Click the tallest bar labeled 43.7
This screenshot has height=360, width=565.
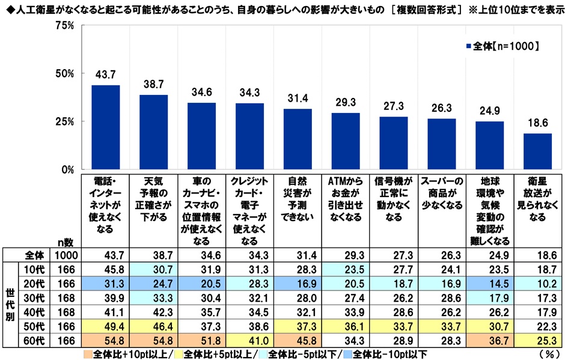tap(106, 127)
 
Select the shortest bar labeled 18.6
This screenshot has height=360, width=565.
tap(537, 151)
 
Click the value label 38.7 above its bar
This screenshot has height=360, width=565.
tap(153, 83)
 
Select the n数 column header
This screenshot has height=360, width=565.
tap(66, 242)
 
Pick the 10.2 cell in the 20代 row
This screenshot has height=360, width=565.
tap(537, 284)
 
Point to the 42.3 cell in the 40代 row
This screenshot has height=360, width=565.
tap(153, 313)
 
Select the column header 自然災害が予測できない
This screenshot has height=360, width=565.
tap(298, 200)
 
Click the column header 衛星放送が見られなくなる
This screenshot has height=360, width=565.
tap(537, 200)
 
